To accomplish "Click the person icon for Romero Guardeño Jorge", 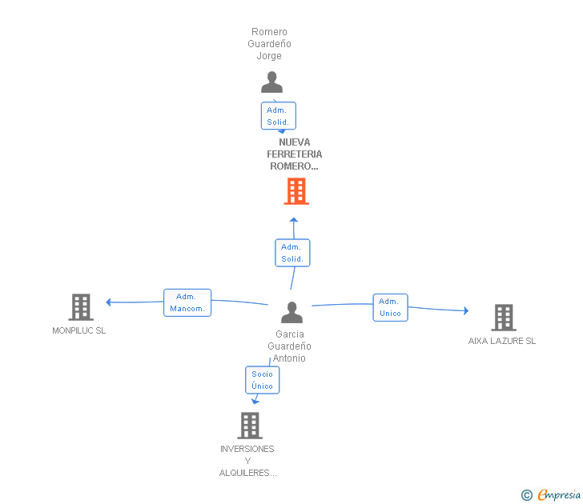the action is pos(271,82).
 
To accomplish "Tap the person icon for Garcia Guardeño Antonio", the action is pos(291,312).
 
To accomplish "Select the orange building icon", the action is pos(296,191).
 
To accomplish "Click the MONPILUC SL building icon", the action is pos(81,307).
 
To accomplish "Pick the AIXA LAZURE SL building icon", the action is pos(504,318).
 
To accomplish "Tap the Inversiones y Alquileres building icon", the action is pos(250,426).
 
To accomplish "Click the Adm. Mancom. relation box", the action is pos(187,302).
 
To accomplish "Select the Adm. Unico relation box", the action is pos(391,307).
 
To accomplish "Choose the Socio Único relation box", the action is pos(263,380).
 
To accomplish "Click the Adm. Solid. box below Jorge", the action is pos(279,115).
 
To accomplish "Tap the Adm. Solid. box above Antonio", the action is pos(292,253).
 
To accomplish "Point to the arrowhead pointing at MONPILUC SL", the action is pos(108,302).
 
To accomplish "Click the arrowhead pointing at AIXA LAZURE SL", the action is pos(466,311).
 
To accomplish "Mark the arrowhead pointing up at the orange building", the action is pos(294,220).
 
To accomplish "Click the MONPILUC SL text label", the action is pos(78,330).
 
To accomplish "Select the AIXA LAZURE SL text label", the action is pos(502,341).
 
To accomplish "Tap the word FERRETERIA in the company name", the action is pos(295,154).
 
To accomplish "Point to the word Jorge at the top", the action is pos(269,56).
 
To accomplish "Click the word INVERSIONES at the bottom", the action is pos(247,449).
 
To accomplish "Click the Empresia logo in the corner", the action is pos(551,494).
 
